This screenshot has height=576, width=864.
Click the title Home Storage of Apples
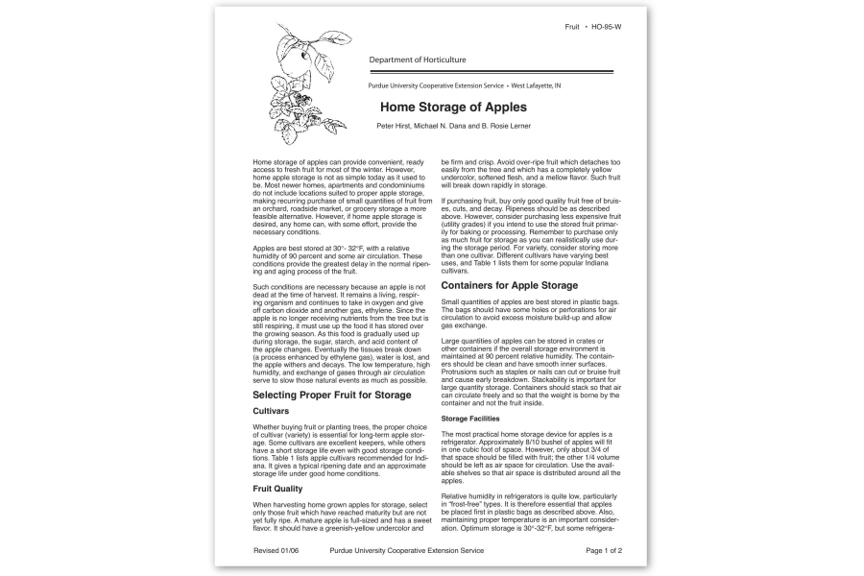[453, 107]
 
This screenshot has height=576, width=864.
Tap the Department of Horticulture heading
[418, 60]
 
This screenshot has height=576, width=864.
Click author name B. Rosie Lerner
[499, 126]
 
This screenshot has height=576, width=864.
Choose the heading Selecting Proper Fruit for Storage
[331, 395]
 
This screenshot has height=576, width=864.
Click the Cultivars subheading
[271, 411]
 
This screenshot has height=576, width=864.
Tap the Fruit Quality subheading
[277, 489]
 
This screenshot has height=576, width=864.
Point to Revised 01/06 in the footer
[277, 551]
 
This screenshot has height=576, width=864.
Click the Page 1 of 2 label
[604, 551]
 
